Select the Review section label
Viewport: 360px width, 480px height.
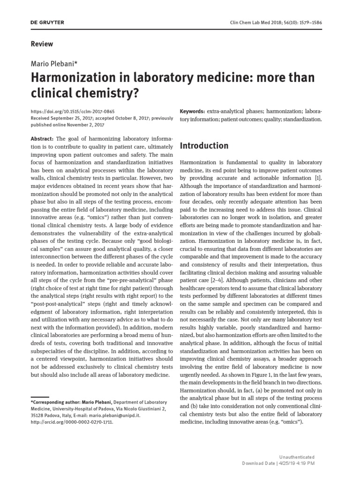pos(42,44)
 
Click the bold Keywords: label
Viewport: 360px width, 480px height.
pos(192,112)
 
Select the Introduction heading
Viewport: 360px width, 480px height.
pos(204,146)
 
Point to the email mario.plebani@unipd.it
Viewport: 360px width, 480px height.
pos(106,415)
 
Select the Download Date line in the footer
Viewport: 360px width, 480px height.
pos(278,463)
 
